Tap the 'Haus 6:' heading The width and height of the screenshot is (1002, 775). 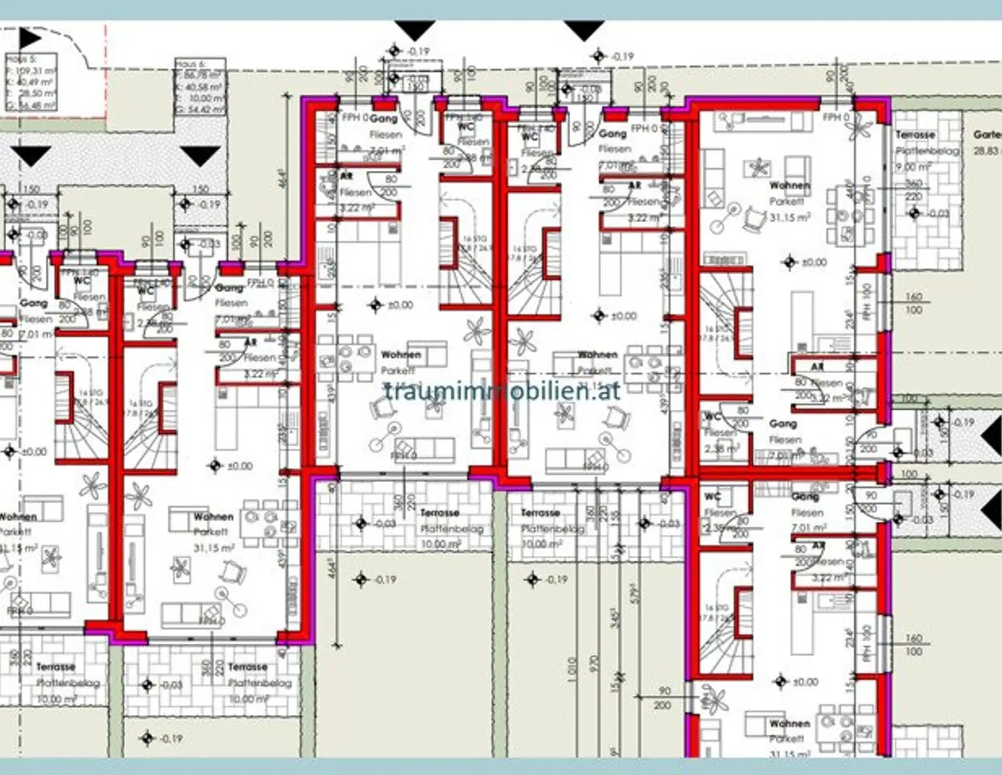pyautogui.click(x=190, y=64)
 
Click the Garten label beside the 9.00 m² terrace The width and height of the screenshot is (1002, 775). pyautogui.click(x=986, y=134)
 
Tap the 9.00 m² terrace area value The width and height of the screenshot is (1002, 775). pyautogui.click(x=913, y=167)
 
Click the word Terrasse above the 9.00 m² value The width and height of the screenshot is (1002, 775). pyautogui.click(x=915, y=134)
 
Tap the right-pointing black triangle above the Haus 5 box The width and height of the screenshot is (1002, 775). pyautogui.click(x=29, y=38)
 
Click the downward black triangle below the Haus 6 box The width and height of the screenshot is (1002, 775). pyautogui.click(x=200, y=155)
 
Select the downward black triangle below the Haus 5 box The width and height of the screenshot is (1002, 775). pyautogui.click(x=31, y=155)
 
